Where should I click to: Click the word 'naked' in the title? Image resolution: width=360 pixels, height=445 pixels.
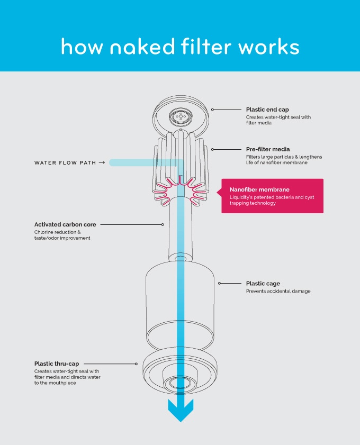[x=142, y=46]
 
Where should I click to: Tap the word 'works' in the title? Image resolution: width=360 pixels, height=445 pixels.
[x=269, y=46]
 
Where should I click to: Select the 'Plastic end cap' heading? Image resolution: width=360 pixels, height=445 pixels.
[x=267, y=110]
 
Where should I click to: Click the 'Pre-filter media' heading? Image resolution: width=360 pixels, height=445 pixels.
[x=268, y=149]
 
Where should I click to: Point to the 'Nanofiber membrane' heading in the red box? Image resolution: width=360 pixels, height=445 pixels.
[x=259, y=189]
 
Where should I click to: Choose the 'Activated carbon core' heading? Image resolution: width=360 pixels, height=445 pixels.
[x=65, y=224]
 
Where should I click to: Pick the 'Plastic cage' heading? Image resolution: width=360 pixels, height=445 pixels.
[x=263, y=284]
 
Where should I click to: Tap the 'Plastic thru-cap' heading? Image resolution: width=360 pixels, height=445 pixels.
[x=57, y=364]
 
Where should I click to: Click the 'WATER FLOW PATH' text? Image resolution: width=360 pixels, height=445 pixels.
[x=65, y=162]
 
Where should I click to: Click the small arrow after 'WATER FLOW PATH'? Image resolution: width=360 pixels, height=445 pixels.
[x=102, y=162]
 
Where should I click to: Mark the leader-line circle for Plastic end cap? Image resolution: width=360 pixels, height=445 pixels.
[x=212, y=110]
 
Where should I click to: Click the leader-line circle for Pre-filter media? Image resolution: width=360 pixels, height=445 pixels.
[x=212, y=149]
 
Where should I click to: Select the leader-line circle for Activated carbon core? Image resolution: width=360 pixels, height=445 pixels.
[x=163, y=224]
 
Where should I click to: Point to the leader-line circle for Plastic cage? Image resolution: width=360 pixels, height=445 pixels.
[x=220, y=283]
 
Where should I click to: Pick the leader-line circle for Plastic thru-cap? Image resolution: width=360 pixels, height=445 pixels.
[x=136, y=364]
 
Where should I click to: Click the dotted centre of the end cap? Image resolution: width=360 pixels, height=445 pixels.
[x=181, y=116]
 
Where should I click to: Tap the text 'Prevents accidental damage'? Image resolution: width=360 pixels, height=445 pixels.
[x=278, y=291]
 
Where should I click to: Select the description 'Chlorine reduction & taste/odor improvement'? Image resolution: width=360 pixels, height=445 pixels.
[x=62, y=235]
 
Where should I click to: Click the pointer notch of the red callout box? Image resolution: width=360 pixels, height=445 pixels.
[x=219, y=193]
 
